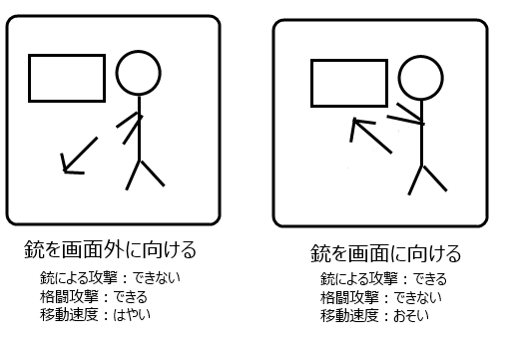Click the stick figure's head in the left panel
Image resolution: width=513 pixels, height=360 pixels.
pyautogui.click(x=139, y=51)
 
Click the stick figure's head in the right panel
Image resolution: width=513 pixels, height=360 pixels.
pyautogui.click(x=421, y=56)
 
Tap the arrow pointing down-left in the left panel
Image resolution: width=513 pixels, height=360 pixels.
pyautogui.click(x=80, y=155)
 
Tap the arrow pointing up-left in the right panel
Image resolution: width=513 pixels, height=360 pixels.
pyautogui.click(x=371, y=136)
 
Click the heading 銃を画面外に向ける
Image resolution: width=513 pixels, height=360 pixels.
pyautogui.click(x=110, y=249)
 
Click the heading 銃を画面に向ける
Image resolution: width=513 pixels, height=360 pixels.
pyautogui.click(x=385, y=253)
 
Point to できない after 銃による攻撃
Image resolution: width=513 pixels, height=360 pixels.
pyautogui.click(x=157, y=278)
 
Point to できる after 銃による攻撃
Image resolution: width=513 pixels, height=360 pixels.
pyautogui.click(x=430, y=279)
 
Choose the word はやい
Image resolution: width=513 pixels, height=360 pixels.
pyautogui.click(x=132, y=314)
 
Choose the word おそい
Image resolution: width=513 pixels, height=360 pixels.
pyautogui.click(x=411, y=316)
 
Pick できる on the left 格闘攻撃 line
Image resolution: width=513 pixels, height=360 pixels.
pyautogui.click(x=130, y=296)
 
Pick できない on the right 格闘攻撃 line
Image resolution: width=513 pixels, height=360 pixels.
pyautogui.click(x=417, y=297)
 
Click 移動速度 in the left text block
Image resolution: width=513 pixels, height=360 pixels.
pyautogui.click(x=69, y=314)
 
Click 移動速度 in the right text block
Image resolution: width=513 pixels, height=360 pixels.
pyautogui.click(x=349, y=316)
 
